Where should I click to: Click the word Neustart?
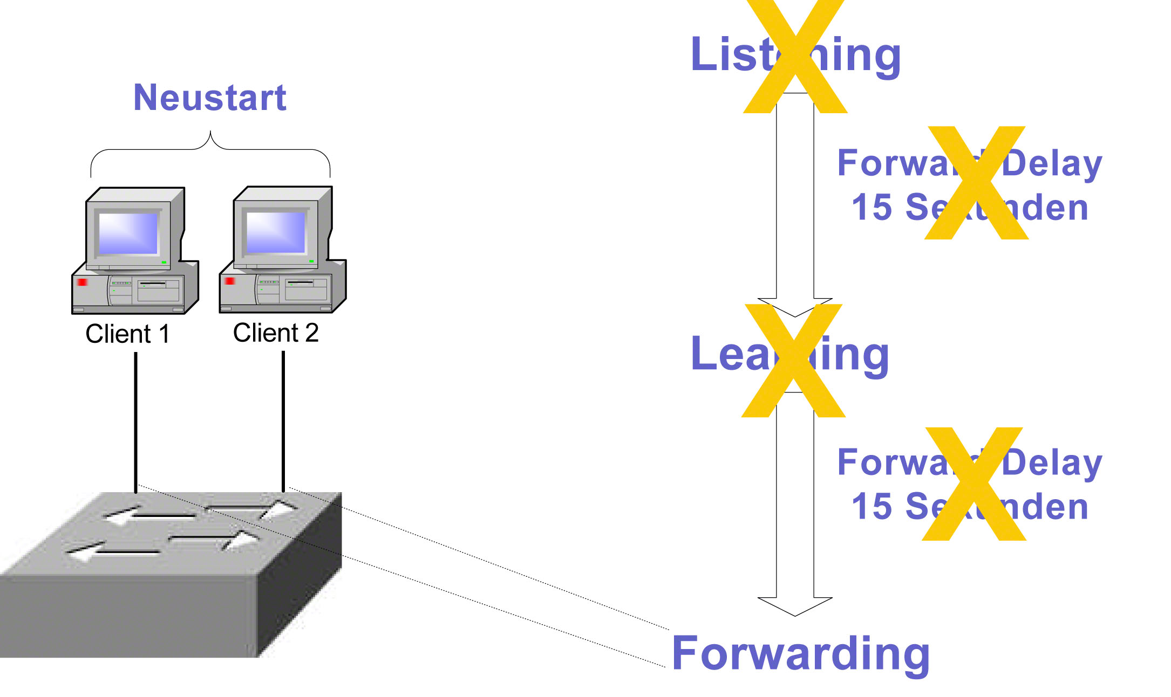pos(209,98)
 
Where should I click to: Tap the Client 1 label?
pos(128,334)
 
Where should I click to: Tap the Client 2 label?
pos(276,333)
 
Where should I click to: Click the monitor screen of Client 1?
pos(128,233)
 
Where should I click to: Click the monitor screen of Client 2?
pos(275,232)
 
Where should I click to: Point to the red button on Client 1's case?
pos(82,282)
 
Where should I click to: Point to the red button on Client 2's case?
pos(230,281)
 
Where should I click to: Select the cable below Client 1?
pos(136,420)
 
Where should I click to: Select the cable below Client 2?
pos(283,420)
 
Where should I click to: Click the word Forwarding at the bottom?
pos(801,653)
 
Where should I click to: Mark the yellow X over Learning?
pos(793,360)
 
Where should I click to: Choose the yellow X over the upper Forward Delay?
pos(976,183)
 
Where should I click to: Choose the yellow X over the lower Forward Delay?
pos(974,484)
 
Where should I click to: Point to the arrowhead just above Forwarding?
pos(795,606)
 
